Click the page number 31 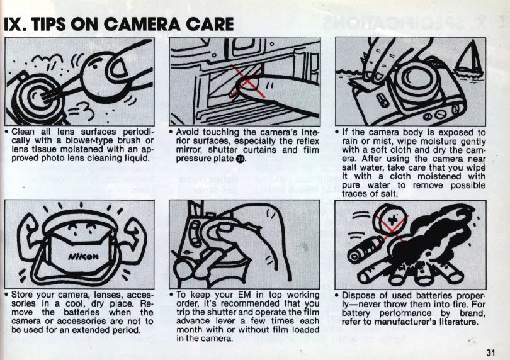490,352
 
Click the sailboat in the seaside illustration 468,59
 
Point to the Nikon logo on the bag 84,256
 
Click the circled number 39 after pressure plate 240,159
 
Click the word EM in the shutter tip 244,295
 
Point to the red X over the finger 248,81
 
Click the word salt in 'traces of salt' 389,194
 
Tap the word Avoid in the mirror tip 188,132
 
